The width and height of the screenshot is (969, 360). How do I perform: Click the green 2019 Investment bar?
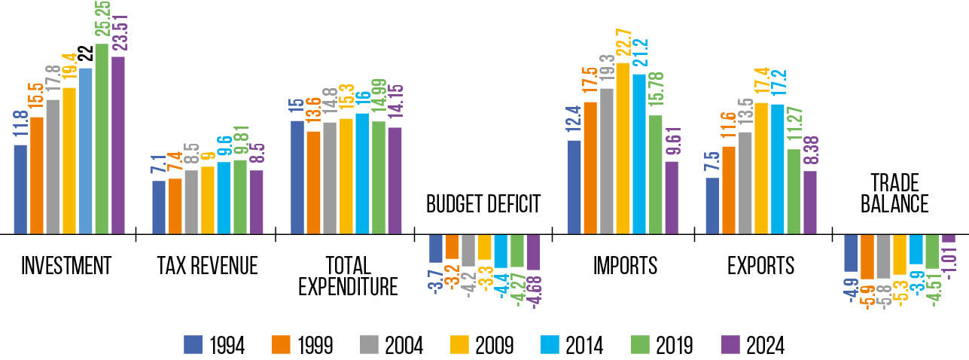click(102, 139)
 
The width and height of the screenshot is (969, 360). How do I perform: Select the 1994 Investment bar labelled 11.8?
click(20, 189)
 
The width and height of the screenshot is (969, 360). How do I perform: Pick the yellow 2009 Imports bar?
click(623, 148)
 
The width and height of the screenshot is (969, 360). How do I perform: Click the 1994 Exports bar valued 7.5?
click(712, 206)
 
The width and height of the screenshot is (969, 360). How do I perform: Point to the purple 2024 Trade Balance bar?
click(949, 238)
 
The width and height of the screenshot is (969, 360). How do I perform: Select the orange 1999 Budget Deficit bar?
click(452, 246)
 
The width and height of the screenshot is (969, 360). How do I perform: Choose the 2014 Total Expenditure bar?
click(361, 173)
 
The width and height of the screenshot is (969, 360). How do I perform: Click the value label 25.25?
click(102, 21)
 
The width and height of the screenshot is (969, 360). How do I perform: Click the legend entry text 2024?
click(766, 345)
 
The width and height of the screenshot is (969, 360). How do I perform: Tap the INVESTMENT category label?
click(66, 266)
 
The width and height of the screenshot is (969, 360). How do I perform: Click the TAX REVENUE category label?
click(207, 266)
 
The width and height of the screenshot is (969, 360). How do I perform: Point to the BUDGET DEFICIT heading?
click(483, 204)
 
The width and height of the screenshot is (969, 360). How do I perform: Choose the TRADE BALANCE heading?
click(899, 194)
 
